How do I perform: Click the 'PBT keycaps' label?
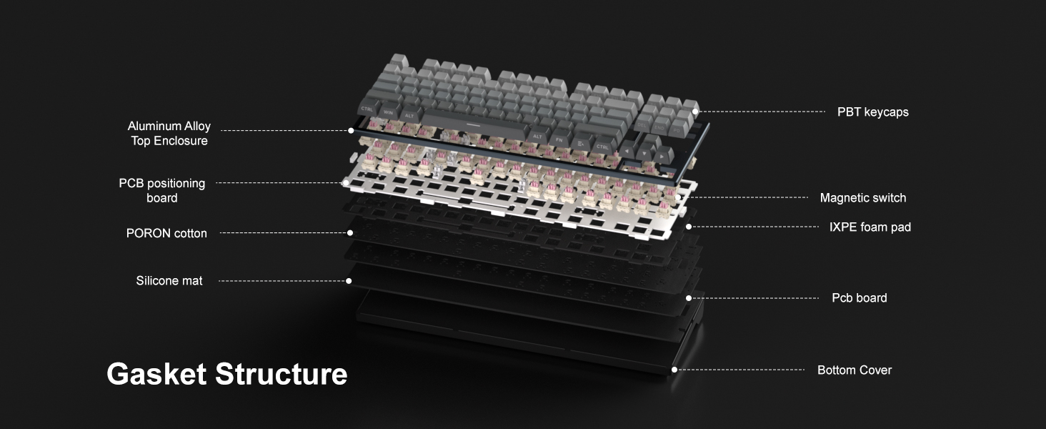(873, 112)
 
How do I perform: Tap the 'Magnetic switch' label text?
(863, 197)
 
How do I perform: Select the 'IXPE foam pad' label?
(870, 227)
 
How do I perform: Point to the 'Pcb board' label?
(860, 297)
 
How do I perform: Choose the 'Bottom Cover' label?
(855, 370)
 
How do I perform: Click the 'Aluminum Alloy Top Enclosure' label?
(169, 133)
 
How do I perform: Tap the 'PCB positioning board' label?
(161, 190)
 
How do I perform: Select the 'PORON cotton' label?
(166, 233)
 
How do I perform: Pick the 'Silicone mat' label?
(169, 280)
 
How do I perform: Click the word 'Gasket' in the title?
(156, 374)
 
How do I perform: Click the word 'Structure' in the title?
(281, 374)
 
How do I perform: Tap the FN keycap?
(559, 139)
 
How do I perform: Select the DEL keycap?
(642, 124)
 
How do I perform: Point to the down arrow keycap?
(645, 153)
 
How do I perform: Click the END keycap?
(659, 127)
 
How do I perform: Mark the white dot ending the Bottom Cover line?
(674, 370)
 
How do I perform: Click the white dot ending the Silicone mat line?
(349, 281)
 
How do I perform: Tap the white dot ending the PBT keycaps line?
(695, 112)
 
